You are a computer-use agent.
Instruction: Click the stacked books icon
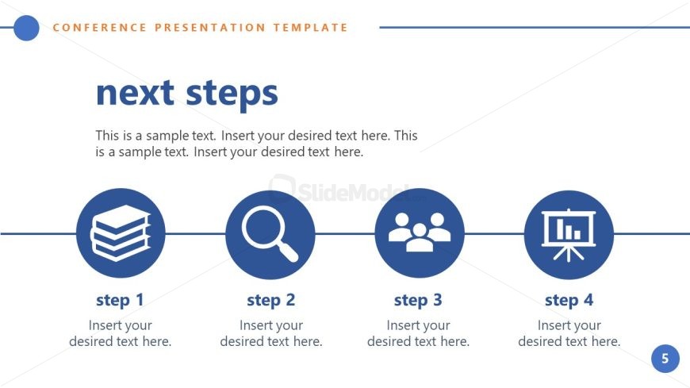pos(121,233)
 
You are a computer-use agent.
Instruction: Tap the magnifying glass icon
pos(270,233)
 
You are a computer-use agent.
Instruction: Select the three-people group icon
pos(420,233)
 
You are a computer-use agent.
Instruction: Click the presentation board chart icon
pos(569,233)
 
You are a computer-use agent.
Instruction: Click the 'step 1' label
pos(121,300)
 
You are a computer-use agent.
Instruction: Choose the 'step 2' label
pos(270,300)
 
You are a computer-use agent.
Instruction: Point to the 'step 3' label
pos(418,300)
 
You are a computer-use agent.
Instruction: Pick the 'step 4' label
pos(569,300)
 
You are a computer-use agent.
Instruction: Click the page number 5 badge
pos(665,359)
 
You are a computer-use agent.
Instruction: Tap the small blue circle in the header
pos(26,28)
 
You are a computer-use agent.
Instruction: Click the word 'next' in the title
pos(134,94)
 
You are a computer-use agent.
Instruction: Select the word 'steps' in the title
pos(232,94)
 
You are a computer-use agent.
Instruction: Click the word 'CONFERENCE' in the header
pos(99,28)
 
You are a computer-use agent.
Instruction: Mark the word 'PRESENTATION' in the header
pos(210,28)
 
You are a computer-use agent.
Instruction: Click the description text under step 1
pos(121,333)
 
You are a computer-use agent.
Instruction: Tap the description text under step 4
pos(569,333)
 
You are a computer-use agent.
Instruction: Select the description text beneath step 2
pos(270,333)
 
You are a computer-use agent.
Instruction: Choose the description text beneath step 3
pos(418,333)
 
